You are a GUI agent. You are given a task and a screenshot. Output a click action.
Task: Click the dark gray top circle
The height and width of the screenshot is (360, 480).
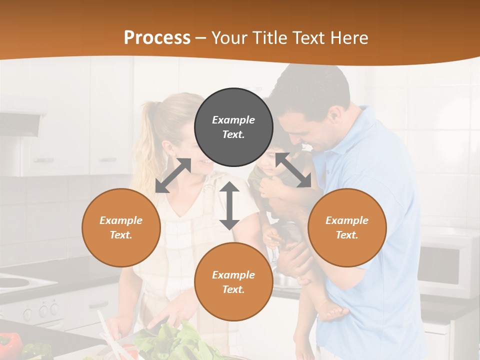coord(233,127)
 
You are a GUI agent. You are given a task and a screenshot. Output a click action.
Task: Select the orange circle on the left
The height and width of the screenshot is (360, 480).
coord(121,227)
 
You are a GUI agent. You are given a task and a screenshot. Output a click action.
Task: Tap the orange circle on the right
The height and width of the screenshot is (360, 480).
coord(347,227)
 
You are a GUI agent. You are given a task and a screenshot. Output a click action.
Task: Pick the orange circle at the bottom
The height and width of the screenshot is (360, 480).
coord(233,282)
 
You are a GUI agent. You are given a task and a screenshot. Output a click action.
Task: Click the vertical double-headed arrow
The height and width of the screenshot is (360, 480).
coord(229,205)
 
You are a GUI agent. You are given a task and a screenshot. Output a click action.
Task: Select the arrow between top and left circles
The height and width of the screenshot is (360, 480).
coord(173,175)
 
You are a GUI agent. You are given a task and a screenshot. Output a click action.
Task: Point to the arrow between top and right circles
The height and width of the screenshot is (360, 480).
coord(293,170)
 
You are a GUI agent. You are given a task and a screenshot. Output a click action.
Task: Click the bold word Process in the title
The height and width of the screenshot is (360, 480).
coord(157,38)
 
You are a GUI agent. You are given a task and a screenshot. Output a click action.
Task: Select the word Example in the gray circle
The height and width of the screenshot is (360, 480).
coord(233,120)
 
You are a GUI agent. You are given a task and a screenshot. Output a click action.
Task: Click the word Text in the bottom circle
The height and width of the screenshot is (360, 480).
coord(232,289)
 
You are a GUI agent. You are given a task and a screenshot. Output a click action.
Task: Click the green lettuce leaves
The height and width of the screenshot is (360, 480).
coord(180,340)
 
